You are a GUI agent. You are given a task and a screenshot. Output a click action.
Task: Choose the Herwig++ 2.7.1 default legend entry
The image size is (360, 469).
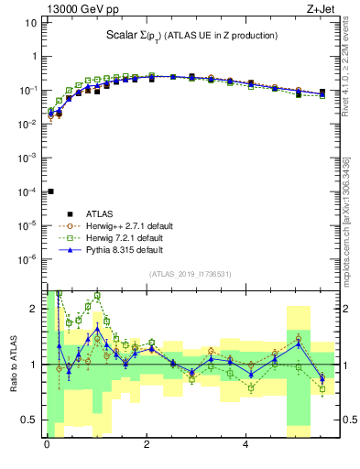pos(123,225)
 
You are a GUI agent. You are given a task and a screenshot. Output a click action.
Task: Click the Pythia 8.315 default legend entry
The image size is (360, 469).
pos(119,249)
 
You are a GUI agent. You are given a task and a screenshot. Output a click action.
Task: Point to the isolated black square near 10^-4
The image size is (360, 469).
pos(50,191)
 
